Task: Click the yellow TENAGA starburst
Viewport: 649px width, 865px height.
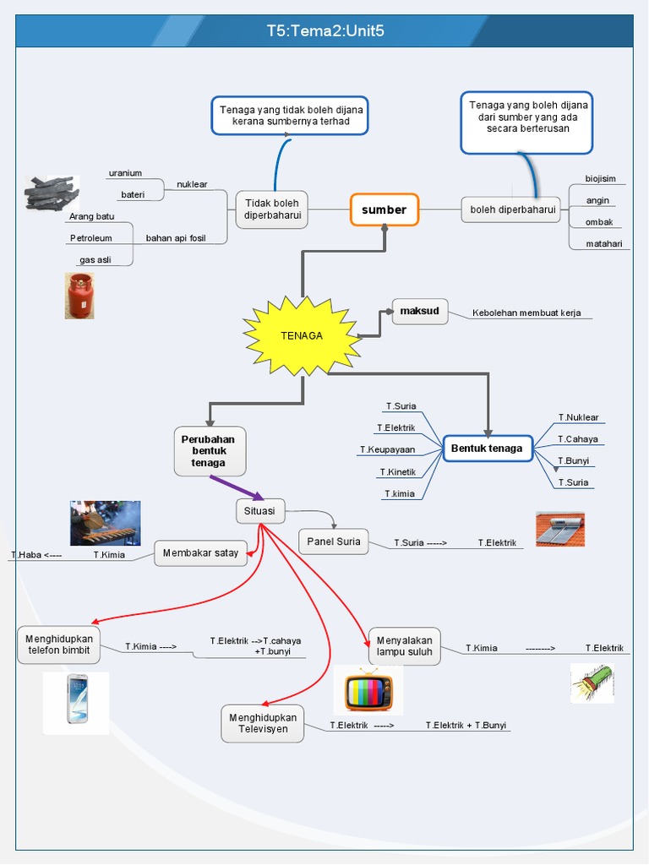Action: tap(302, 335)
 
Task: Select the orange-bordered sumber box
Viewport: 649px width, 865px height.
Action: tap(384, 209)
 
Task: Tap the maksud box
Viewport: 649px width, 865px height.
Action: tap(420, 312)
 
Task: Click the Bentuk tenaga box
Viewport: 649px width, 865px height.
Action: tap(488, 448)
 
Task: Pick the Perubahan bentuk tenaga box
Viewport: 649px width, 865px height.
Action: tap(209, 451)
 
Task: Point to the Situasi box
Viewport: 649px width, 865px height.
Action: tap(260, 510)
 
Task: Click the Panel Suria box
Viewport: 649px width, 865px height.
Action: tap(334, 541)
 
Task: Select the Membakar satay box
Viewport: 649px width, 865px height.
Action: tap(201, 553)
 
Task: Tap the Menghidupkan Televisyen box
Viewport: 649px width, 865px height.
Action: tap(263, 724)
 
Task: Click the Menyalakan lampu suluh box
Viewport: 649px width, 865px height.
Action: tap(405, 646)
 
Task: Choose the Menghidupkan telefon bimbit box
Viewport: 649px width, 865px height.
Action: tap(59, 645)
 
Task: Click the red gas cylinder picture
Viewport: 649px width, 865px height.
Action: tap(79, 296)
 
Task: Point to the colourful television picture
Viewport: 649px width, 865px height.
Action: tap(368, 690)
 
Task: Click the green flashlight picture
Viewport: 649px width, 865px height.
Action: tap(592, 682)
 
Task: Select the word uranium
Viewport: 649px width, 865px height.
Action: tap(125, 173)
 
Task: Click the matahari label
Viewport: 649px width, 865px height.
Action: tap(604, 244)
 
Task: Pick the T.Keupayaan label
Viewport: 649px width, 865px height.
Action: tap(387, 449)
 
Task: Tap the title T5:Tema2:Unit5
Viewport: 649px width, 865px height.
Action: tap(325, 31)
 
